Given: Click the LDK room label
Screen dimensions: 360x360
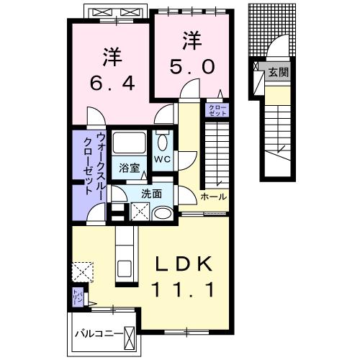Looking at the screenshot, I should tap(184, 266).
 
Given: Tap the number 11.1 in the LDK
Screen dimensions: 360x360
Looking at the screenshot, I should tap(184, 290).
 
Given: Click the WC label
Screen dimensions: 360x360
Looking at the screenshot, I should tap(161, 159).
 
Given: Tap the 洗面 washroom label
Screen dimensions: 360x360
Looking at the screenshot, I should tap(150, 193).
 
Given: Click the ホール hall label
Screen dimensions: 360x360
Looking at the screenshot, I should tap(214, 197).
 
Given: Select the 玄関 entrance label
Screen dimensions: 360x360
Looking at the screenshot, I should tap(277, 72).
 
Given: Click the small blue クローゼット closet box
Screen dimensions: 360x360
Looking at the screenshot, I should tap(217, 110).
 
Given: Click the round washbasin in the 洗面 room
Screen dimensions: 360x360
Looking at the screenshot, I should tap(163, 212).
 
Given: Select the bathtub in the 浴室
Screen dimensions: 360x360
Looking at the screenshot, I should tap(130, 143).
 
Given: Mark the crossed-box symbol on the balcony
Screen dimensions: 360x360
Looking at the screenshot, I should tap(130, 336).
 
